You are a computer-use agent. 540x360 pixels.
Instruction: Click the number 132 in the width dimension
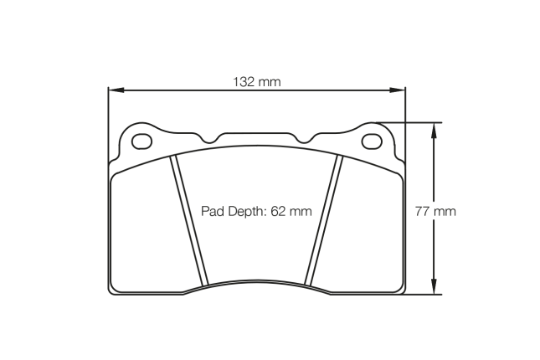tap(243, 82)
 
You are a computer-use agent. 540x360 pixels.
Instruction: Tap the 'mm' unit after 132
tap(268, 82)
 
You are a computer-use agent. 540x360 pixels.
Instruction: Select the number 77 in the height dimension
tap(424, 211)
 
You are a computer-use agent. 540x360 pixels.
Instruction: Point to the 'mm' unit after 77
tap(445, 211)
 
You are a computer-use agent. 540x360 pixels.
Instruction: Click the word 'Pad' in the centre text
tap(213, 211)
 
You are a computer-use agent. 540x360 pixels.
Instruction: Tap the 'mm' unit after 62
tap(301, 211)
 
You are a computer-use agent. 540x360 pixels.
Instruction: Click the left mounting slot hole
tap(143, 139)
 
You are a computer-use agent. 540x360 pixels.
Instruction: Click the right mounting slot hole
tap(371, 139)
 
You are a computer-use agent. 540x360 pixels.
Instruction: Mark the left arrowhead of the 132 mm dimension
tap(114, 90)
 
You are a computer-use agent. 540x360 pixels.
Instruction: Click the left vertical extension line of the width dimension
tap(108, 126)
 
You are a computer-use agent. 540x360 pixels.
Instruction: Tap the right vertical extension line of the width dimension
tap(405, 126)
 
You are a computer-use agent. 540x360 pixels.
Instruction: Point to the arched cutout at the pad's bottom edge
tap(256, 282)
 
